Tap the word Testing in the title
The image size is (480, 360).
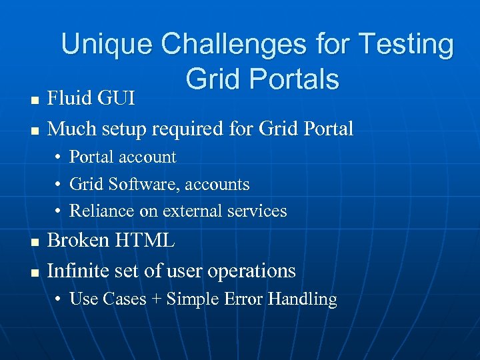(x=406, y=45)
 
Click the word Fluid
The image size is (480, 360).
(x=71, y=99)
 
